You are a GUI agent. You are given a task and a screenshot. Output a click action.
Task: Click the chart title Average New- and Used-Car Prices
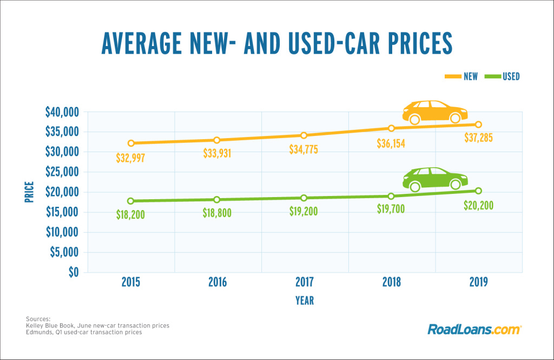point(276,43)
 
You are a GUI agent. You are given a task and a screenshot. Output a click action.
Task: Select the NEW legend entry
point(463,76)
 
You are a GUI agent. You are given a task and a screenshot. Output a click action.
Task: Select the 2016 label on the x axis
point(217,282)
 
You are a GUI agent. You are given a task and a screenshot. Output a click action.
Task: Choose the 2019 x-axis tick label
point(478,282)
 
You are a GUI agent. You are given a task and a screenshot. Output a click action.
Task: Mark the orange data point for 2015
point(130,143)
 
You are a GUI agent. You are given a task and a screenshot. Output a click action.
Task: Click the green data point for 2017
point(304,198)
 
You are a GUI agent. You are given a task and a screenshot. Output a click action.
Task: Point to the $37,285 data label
point(478,138)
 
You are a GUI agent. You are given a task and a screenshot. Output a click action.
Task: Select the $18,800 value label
point(217,213)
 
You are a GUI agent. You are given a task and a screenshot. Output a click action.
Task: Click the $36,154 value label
point(391,144)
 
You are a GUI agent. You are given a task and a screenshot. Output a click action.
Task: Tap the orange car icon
point(434,112)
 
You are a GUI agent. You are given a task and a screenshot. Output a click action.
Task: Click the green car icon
point(435,179)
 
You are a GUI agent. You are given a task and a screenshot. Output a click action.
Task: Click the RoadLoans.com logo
point(474,329)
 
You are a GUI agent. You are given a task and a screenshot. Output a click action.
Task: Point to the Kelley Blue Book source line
point(97,325)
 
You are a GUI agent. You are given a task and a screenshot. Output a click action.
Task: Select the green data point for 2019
point(478,191)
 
